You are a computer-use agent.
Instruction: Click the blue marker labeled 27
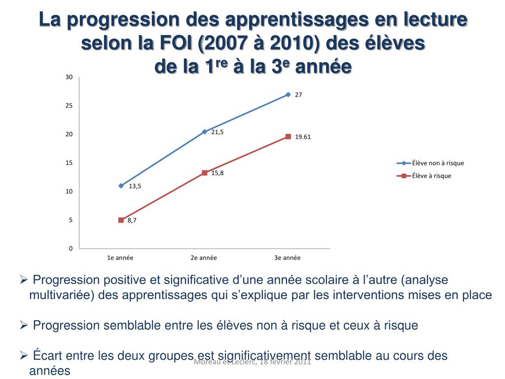[x=288, y=94]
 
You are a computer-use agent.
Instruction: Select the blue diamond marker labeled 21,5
[x=204, y=132]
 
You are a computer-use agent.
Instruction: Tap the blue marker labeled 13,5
[x=121, y=186]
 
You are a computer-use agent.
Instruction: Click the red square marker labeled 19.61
[x=288, y=137]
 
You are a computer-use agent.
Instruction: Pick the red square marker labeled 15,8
[x=204, y=173]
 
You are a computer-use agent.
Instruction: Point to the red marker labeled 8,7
[x=121, y=220]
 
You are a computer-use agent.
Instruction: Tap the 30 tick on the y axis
[x=69, y=77]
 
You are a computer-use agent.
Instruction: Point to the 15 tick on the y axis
[x=69, y=163]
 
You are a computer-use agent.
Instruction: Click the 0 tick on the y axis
[x=71, y=249]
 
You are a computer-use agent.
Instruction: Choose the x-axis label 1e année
[x=120, y=258]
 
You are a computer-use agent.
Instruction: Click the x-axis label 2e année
[x=204, y=258]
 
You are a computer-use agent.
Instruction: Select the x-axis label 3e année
[x=288, y=258]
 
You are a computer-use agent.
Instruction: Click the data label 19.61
[x=303, y=137]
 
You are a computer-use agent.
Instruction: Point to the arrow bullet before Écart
[x=23, y=355]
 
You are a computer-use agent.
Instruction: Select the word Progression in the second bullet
[x=66, y=325]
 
